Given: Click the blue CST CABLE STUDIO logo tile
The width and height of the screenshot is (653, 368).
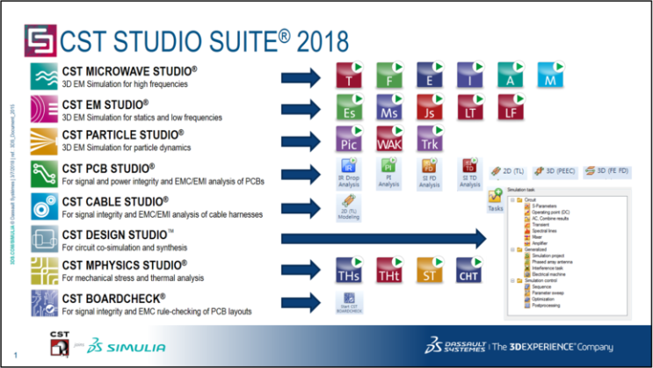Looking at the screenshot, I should (42, 205).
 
